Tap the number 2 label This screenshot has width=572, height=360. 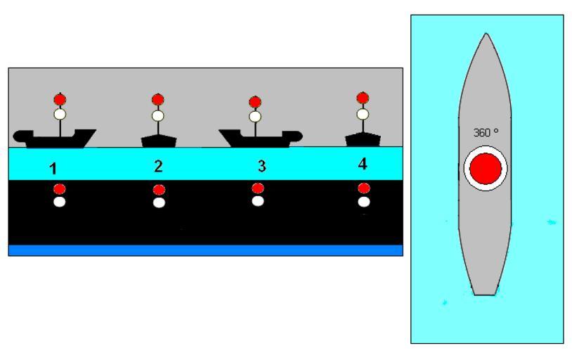pyautogui.click(x=158, y=167)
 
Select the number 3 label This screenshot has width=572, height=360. pyautogui.click(x=261, y=167)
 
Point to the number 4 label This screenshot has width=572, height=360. pyautogui.click(x=363, y=165)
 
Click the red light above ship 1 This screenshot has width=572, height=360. pyautogui.click(x=60, y=99)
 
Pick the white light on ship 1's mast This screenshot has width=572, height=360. pyautogui.click(x=60, y=113)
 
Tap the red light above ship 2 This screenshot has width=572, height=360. pyautogui.click(x=158, y=100)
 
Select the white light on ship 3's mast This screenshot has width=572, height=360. pyautogui.click(x=255, y=116)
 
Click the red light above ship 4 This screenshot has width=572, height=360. pyautogui.click(x=363, y=98)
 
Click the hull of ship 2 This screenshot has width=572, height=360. pyautogui.click(x=159, y=141)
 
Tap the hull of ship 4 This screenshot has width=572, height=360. pyautogui.click(x=363, y=139)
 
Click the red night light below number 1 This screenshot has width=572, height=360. pyautogui.click(x=60, y=188)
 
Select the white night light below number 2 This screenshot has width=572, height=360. pyautogui.click(x=159, y=202)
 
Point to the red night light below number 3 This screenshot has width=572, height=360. pyautogui.click(x=258, y=188)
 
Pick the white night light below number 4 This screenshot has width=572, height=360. pyautogui.click(x=363, y=202)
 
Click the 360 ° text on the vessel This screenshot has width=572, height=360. pyautogui.click(x=486, y=132)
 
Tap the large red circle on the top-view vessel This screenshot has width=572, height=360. pyautogui.click(x=486, y=169)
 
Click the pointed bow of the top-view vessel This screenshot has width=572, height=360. pyautogui.click(x=486, y=39)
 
